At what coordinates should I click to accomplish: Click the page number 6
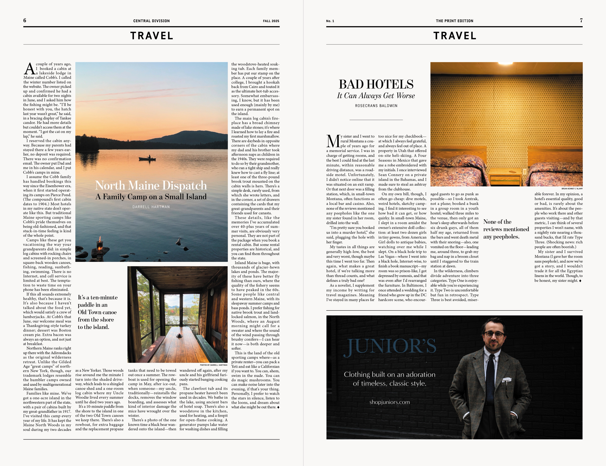pyautogui.click(x=25, y=20)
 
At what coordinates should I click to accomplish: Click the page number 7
pyautogui.click(x=581, y=20)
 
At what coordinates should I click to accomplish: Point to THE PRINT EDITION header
pyautogui.click(x=455, y=21)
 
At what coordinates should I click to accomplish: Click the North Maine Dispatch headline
pyautogui.click(x=151, y=185)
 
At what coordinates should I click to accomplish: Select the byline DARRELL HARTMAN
pyautogui.click(x=151, y=207)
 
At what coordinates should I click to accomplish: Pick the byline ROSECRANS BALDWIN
pyautogui.click(x=376, y=106)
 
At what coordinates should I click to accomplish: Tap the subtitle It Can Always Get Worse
pyautogui.click(x=376, y=96)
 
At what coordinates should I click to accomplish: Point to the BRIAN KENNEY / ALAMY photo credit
pyautogui.click(x=572, y=189)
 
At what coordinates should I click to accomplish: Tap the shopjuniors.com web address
pyautogui.click(x=389, y=402)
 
